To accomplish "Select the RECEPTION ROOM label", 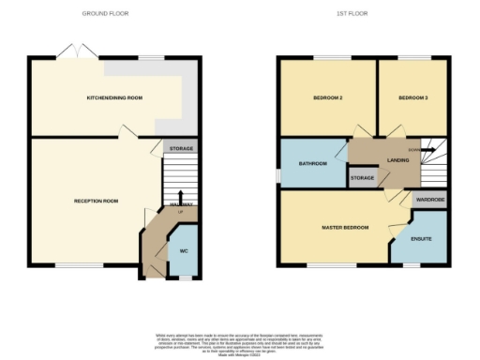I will [97, 201].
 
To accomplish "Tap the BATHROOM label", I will [313, 163].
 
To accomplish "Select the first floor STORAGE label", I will [362, 176].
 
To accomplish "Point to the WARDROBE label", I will [429, 200].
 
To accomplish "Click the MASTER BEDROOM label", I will [344, 227].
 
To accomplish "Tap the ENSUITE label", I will [422, 239].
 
